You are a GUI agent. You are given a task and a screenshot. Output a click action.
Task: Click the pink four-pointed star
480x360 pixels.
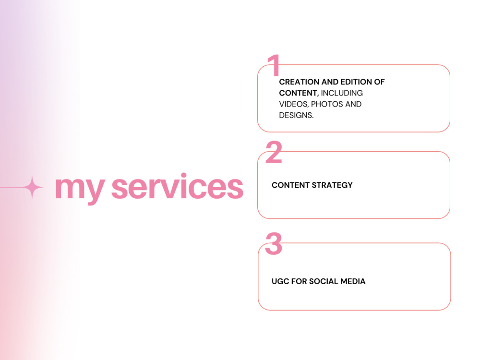[32, 187]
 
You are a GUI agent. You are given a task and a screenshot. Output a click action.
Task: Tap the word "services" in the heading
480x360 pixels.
[177, 186]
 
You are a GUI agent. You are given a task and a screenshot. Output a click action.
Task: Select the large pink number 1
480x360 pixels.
[274, 65]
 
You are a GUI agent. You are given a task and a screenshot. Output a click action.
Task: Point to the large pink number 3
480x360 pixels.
[274, 243]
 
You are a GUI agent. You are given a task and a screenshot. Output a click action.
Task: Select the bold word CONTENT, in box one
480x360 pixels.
[299, 93]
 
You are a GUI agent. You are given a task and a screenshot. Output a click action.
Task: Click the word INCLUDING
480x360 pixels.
[342, 93]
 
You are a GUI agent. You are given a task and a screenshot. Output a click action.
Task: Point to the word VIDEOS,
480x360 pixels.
[294, 104]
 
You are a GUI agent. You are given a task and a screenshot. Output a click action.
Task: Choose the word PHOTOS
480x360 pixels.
[327, 104]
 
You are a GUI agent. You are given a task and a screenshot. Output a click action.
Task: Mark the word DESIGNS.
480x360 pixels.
[296, 115]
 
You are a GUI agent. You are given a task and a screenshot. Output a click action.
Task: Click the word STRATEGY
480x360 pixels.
[332, 185]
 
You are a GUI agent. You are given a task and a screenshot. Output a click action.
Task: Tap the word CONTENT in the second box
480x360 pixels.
[290, 185]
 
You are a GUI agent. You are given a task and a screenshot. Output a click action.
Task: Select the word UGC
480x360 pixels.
[280, 281]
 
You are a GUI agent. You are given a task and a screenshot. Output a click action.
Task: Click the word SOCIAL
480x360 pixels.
[324, 281]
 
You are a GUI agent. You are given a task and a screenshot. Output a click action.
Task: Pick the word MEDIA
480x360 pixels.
[353, 281]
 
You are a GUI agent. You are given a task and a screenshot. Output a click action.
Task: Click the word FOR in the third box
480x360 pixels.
[299, 281]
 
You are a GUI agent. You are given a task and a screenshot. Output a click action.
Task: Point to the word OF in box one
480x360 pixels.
[379, 82]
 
